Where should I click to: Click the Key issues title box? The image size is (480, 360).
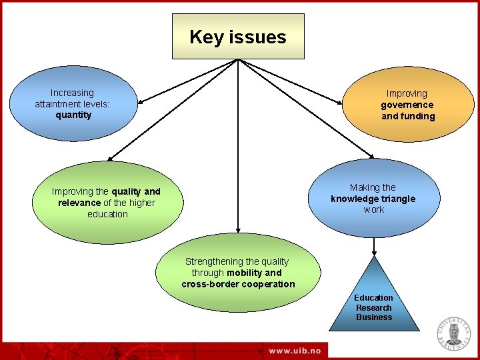238,37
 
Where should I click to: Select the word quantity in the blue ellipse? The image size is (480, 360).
73,115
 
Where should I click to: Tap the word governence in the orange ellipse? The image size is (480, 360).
407,105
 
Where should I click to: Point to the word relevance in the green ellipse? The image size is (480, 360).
79,203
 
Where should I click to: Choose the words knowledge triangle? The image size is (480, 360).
373,199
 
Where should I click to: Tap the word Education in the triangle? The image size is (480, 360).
373,297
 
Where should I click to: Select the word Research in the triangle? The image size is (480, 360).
373,307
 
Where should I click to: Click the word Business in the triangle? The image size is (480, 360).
373,317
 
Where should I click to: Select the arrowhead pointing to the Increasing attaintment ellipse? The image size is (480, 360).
141,102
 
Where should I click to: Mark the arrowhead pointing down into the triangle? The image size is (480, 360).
374,253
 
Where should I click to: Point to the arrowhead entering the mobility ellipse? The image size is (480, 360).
237,233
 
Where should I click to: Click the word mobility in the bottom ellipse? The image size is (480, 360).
244,273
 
